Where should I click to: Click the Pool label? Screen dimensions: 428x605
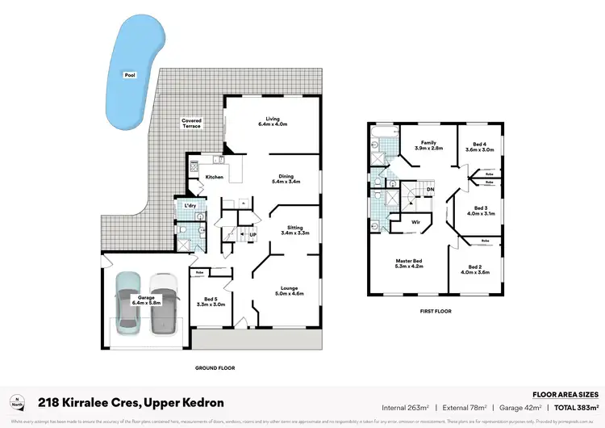point(129,74)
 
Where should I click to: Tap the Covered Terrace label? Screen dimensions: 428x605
point(191,124)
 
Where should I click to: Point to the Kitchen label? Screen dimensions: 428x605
point(214,178)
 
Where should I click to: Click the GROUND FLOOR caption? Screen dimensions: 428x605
point(215,368)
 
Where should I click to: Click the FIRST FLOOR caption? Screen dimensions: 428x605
point(435,310)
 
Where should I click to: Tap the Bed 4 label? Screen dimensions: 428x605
point(479,145)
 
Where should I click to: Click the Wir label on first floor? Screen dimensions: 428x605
point(416,220)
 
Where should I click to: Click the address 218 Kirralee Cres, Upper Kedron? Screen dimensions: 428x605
point(131,402)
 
